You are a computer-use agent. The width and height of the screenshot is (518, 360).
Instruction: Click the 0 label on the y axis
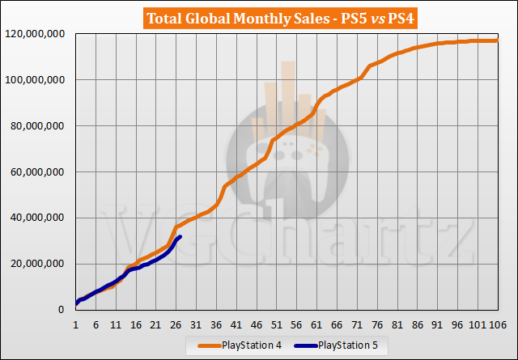click(x=66, y=310)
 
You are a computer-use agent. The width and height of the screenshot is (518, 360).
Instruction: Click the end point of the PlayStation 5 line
click(x=180, y=236)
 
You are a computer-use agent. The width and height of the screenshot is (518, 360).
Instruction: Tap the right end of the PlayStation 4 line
click(x=496, y=40)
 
